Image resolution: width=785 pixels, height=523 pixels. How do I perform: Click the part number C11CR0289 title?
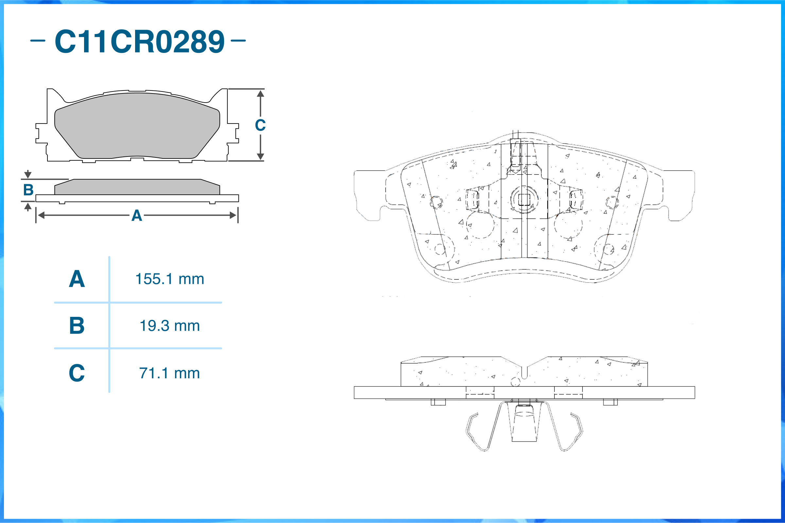tap(140, 41)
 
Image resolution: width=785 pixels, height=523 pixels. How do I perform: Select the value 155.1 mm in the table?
tap(170, 279)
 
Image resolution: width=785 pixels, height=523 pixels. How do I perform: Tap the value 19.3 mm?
tap(170, 326)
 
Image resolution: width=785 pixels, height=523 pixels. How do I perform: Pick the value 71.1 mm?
tap(170, 373)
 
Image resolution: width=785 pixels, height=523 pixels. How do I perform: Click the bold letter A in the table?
tap(77, 279)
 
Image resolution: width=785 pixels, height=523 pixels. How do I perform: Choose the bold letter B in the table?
tap(77, 326)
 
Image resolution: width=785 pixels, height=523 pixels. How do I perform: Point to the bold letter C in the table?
tap(77, 373)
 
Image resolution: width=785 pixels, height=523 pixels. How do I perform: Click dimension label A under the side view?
tap(137, 216)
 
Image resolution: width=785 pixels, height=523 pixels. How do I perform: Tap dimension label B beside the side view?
tap(28, 190)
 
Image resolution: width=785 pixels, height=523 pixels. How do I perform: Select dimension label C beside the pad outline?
tap(260, 125)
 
